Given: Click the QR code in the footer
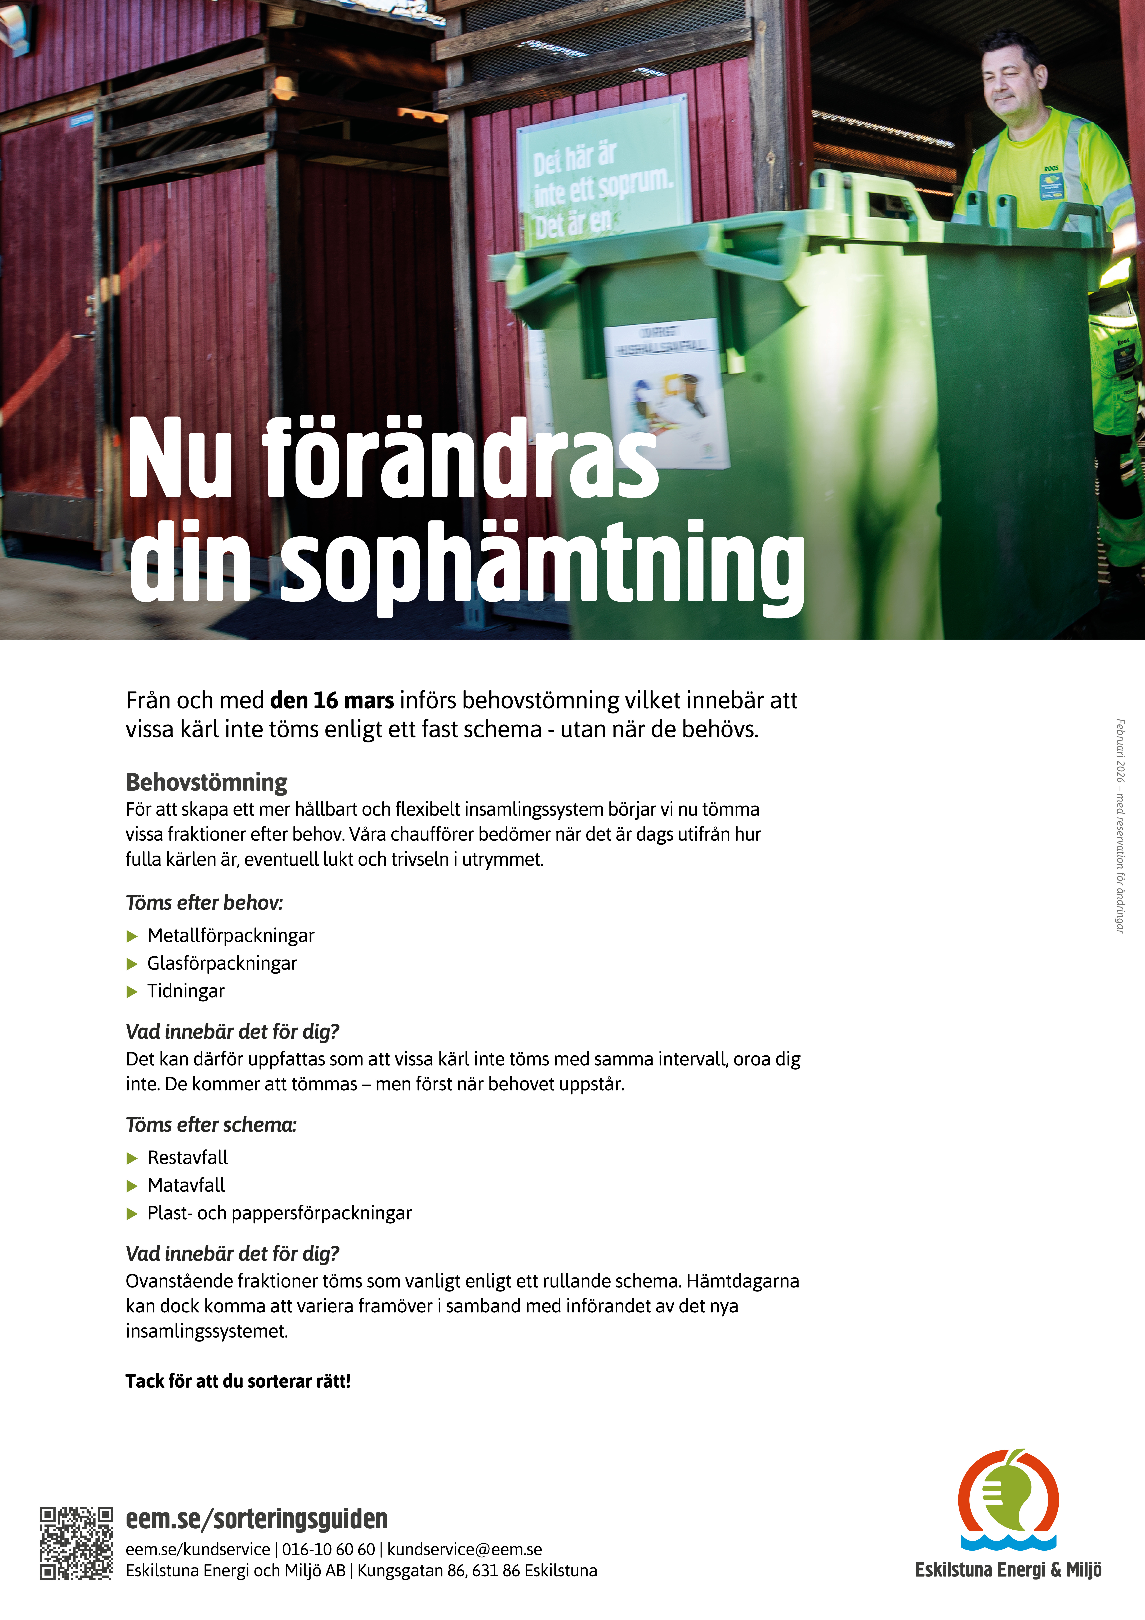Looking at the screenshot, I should (76, 1543).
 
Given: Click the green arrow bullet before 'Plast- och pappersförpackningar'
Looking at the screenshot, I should (131, 1214).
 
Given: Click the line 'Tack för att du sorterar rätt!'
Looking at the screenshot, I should (238, 1381).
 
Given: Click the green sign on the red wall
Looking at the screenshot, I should (603, 173).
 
